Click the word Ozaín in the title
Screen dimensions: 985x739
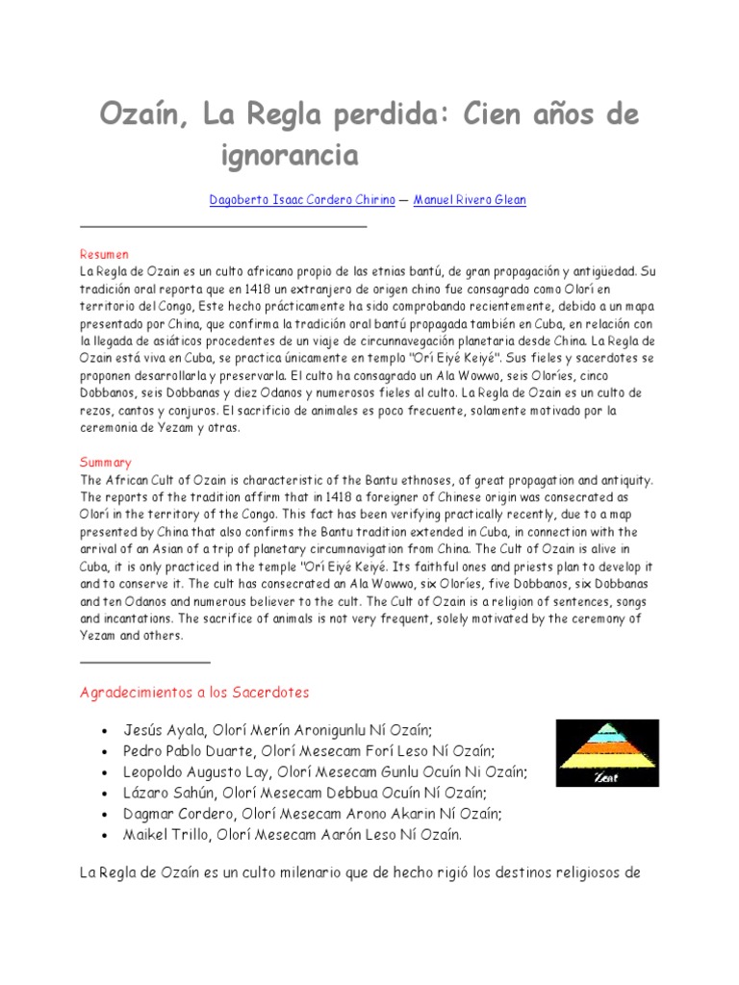[144, 117]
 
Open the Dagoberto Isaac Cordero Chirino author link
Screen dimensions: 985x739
[302, 200]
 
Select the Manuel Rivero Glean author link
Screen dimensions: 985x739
[470, 200]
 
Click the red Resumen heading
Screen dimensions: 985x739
[105, 255]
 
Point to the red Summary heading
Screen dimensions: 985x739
[106, 463]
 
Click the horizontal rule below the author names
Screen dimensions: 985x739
[222, 226]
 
